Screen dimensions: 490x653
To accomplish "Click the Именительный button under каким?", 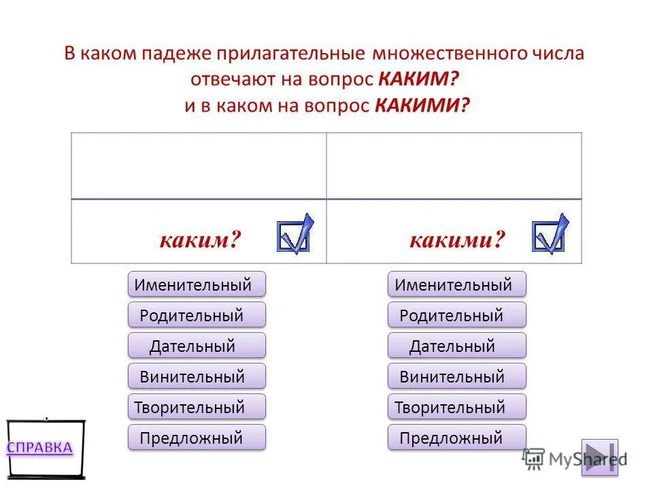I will tap(197, 284).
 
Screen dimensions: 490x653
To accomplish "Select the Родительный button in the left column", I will tap(197, 315).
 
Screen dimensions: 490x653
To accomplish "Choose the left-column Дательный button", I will tap(197, 346).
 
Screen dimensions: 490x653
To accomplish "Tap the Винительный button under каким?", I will tap(197, 376).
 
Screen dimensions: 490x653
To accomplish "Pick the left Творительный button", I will tap(197, 407).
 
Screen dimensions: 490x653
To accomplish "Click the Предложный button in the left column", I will tap(197, 438).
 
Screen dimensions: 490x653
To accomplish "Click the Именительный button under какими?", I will tap(456, 284).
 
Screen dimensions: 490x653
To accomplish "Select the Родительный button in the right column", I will tap(456, 315).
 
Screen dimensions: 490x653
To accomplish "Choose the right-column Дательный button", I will tap(456, 346).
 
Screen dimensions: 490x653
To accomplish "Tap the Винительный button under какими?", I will tap(456, 376).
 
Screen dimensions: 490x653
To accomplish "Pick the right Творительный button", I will tap(456, 407).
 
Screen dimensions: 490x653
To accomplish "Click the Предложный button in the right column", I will tap(456, 438).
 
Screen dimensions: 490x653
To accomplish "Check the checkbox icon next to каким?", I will tap(294, 234).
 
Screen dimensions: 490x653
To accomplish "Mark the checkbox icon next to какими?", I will tap(549, 234).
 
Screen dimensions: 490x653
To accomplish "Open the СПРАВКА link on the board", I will tap(39, 447).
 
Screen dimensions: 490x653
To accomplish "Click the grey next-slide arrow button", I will tap(599, 457).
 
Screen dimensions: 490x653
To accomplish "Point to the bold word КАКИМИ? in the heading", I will tap(422, 106).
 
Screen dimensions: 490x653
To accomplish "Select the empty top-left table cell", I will tap(199, 165).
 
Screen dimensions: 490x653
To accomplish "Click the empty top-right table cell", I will tap(454, 165).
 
